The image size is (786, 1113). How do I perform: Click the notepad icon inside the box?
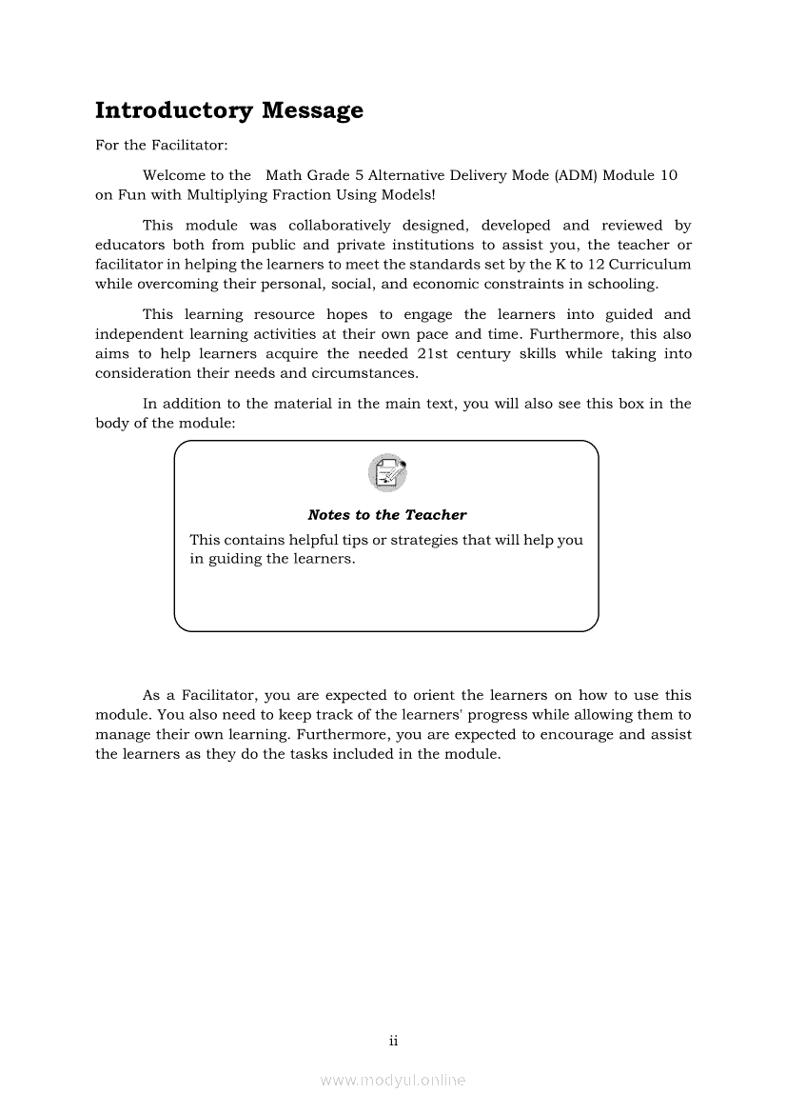point(386,473)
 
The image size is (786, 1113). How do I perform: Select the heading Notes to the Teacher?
point(387,515)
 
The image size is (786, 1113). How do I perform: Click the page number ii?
point(393,1041)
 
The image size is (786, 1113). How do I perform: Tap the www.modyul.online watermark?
point(393,1080)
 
